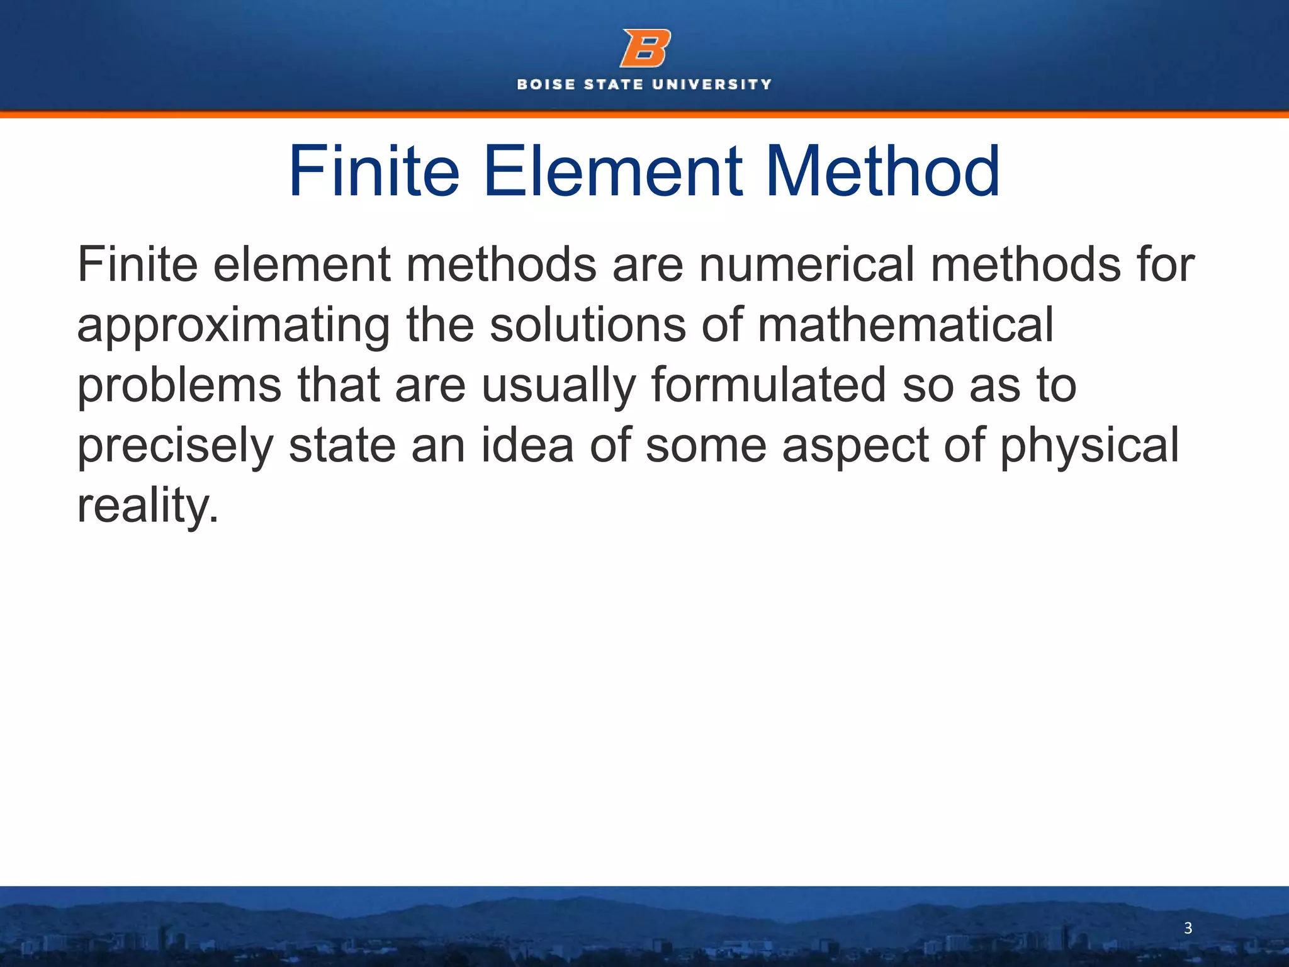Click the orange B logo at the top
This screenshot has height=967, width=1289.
click(644, 48)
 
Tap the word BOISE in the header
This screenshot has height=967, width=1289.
click(546, 84)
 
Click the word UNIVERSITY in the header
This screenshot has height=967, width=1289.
click(711, 84)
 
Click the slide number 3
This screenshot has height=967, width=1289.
click(1188, 928)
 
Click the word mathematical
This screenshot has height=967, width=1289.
click(906, 325)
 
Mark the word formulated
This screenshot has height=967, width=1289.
click(768, 385)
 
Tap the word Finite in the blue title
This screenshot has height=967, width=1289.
click(374, 171)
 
